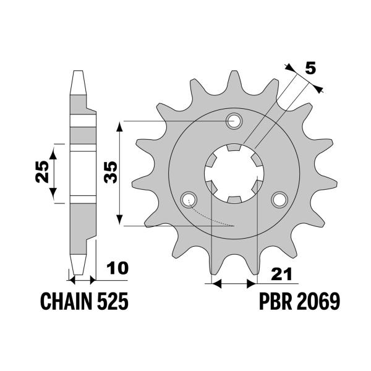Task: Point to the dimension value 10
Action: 117,268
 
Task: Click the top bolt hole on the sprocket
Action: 234,121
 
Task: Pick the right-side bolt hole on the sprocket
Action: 279,199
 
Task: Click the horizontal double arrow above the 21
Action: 234,284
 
